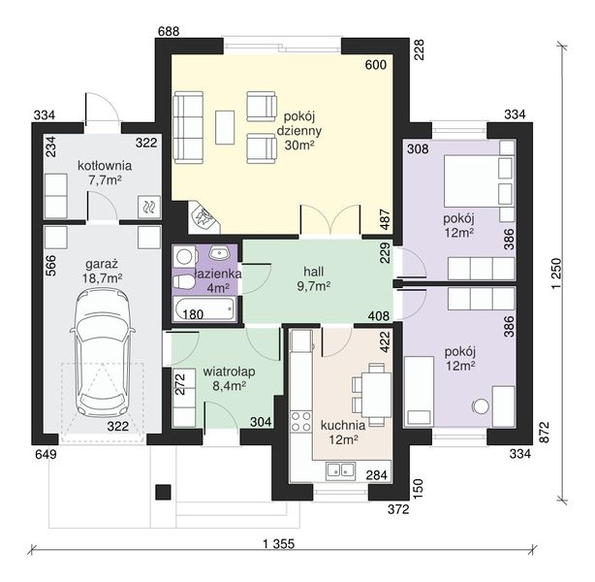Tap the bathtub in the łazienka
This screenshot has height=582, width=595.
[x=204, y=309]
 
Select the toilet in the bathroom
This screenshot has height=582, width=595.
[x=183, y=282]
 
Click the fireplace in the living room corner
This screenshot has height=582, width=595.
[x=204, y=219]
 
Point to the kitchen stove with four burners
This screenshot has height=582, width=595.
[x=301, y=422]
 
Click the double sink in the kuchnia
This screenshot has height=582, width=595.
[x=340, y=469]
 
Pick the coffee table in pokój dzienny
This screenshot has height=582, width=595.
[x=225, y=127]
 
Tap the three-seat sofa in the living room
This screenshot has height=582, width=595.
[x=188, y=128]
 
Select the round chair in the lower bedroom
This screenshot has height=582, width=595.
[x=481, y=406]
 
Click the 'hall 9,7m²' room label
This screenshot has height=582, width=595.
[x=313, y=278]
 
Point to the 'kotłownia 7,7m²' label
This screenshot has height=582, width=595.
[x=105, y=173]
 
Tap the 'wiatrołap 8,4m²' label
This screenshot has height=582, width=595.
[x=229, y=378]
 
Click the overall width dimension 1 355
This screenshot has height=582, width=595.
[x=278, y=543]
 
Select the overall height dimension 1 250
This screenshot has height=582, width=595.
[x=556, y=274]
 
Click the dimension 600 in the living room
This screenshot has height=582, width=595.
[x=376, y=65]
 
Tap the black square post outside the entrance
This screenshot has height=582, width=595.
[x=163, y=493]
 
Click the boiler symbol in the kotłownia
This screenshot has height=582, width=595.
[x=147, y=207]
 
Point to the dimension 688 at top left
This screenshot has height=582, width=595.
[x=169, y=31]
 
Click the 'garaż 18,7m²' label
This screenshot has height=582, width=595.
[x=102, y=271]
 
